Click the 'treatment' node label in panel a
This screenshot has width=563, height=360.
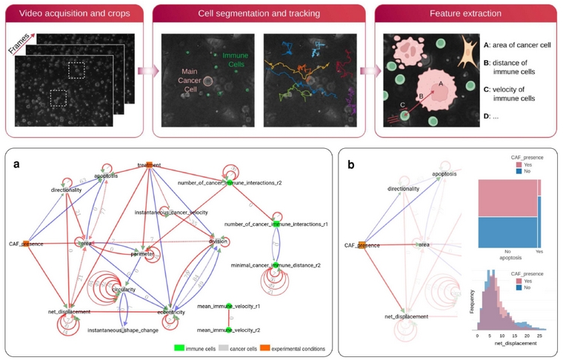[149, 165]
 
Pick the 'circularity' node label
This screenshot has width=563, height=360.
[124, 290]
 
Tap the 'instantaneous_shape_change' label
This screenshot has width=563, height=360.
[123, 330]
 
